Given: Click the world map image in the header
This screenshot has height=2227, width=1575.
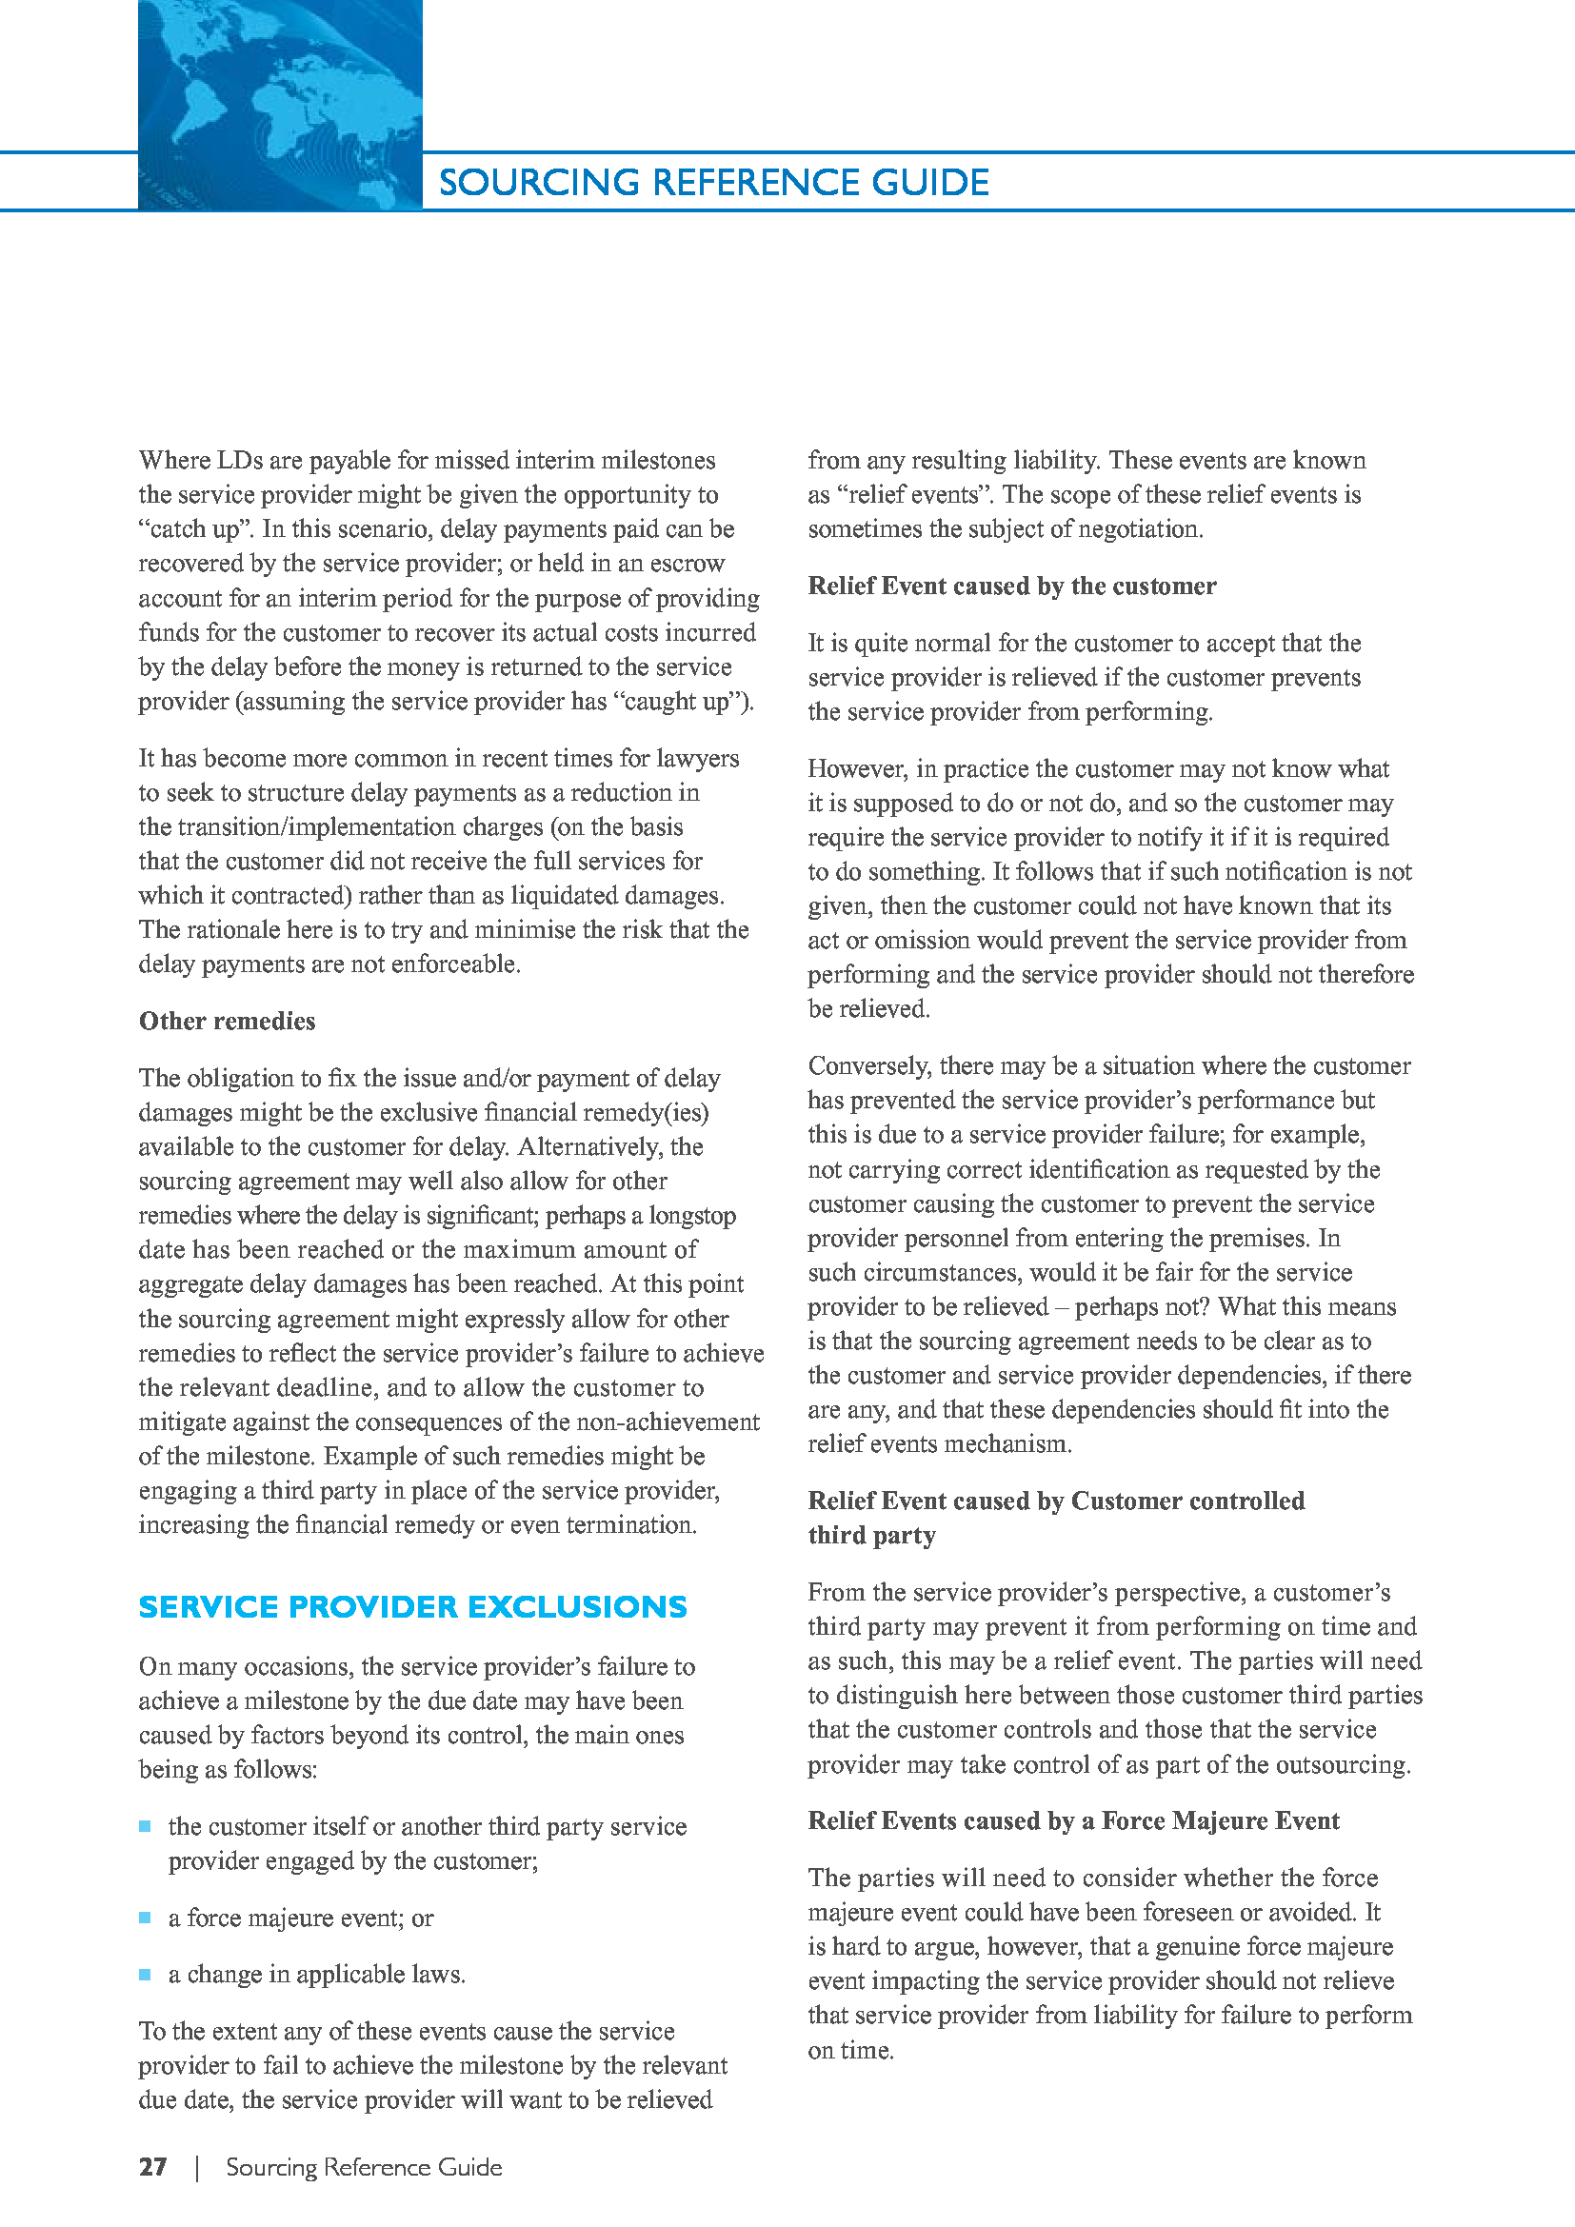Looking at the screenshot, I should (279, 105).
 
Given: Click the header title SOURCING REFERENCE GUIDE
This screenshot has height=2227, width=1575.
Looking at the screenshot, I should (714, 183).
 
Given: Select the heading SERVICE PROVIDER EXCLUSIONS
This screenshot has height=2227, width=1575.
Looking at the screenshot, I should (412, 1607).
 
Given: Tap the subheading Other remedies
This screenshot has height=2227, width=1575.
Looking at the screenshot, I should (227, 1022).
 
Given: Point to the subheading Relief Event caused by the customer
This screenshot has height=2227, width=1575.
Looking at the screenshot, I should (1011, 586).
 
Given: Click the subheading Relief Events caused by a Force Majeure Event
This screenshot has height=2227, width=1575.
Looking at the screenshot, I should (1072, 1820).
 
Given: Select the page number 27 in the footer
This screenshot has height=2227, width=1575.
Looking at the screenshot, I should (153, 2167).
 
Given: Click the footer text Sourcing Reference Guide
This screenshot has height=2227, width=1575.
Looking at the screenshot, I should (364, 2167).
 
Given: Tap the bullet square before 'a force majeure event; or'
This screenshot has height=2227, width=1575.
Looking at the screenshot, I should (146, 1918).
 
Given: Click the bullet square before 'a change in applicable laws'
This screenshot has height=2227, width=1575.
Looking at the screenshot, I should (146, 1974).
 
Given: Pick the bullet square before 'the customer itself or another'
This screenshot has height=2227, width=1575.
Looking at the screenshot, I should (146, 1826).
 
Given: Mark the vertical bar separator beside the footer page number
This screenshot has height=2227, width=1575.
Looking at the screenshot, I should (198, 2167).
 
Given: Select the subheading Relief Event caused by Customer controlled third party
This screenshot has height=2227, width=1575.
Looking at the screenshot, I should (1055, 1518).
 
